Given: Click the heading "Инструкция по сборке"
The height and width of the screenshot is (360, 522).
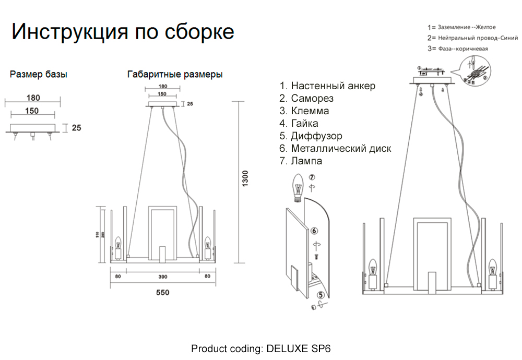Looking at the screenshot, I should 123,32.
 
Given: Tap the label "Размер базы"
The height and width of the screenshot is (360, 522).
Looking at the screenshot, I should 39,75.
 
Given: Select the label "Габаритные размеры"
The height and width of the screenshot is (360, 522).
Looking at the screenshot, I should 175,75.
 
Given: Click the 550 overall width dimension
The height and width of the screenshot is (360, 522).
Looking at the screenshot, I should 162,293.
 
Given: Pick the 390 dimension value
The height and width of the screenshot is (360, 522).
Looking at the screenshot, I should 162,276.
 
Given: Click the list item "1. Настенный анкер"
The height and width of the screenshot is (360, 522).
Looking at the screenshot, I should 327,86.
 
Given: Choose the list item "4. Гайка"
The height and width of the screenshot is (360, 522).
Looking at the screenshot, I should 299,124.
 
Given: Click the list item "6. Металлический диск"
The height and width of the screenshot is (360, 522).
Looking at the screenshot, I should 335,149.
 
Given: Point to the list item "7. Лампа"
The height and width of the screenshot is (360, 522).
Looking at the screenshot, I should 301,161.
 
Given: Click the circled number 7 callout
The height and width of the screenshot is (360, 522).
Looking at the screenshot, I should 312,177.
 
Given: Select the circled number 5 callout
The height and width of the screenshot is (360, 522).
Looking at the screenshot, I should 319,295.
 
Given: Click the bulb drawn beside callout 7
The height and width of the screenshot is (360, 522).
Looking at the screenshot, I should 298,186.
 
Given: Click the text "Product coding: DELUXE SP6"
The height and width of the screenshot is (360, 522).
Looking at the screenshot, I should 261,349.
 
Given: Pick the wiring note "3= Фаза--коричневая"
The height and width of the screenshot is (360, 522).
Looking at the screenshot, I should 458,49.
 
